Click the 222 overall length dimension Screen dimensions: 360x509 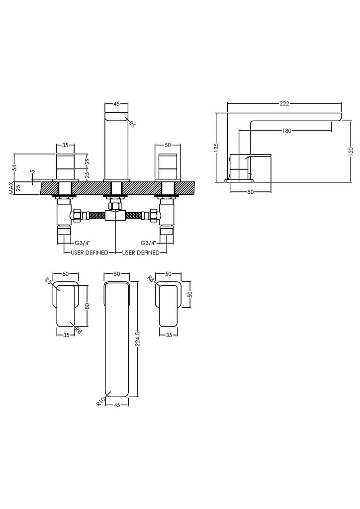(284, 104)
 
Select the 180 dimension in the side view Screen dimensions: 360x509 (287, 131)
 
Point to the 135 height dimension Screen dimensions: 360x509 (216, 147)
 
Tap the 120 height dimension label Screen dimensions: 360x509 (351, 151)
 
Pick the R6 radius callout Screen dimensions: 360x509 (131, 124)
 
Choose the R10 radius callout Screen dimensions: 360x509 (100, 401)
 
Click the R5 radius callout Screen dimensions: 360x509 (49, 280)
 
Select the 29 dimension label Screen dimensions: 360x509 (88, 162)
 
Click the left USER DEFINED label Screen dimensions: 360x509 (90, 253)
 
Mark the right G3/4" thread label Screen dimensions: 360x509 (149, 243)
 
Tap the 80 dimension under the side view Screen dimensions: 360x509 (250, 192)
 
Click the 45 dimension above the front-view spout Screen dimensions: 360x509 (116, 104)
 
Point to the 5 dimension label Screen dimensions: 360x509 (33, 171)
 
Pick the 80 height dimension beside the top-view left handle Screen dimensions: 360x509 (87, 306)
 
